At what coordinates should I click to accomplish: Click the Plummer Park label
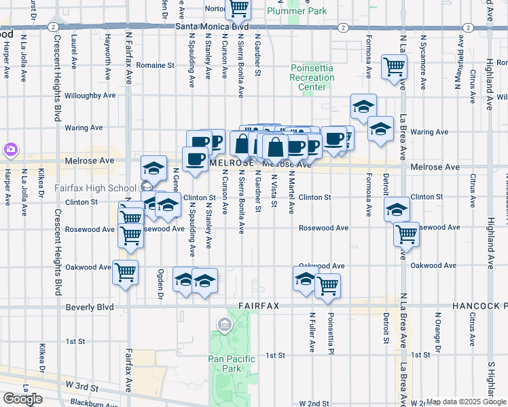tap(297, 11)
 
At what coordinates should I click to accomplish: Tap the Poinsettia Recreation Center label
tap(312, 77)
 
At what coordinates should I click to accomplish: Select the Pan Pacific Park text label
tap(232, 364)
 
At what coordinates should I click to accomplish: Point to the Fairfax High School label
tap(104, 188)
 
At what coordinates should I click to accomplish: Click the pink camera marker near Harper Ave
tap(10, 149)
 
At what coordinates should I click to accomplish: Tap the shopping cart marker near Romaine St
tap(394, 66)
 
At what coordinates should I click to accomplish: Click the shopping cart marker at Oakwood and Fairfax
tap(125, 272)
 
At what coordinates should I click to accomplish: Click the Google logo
tap(22, 398)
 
